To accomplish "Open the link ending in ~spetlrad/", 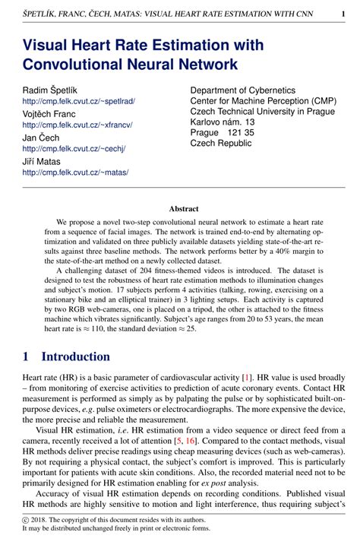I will (x=79, y=101).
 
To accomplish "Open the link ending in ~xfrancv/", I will (x=78, y=125).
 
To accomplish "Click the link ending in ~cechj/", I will (x=74, y=148).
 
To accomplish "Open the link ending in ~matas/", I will (x=75, y=172).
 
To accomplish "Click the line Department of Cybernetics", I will (x=248, y=90).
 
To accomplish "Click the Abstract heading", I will (x=183, y=209).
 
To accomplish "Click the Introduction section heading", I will (x=76, y=356).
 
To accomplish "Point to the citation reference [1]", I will (x=247, y=377).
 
